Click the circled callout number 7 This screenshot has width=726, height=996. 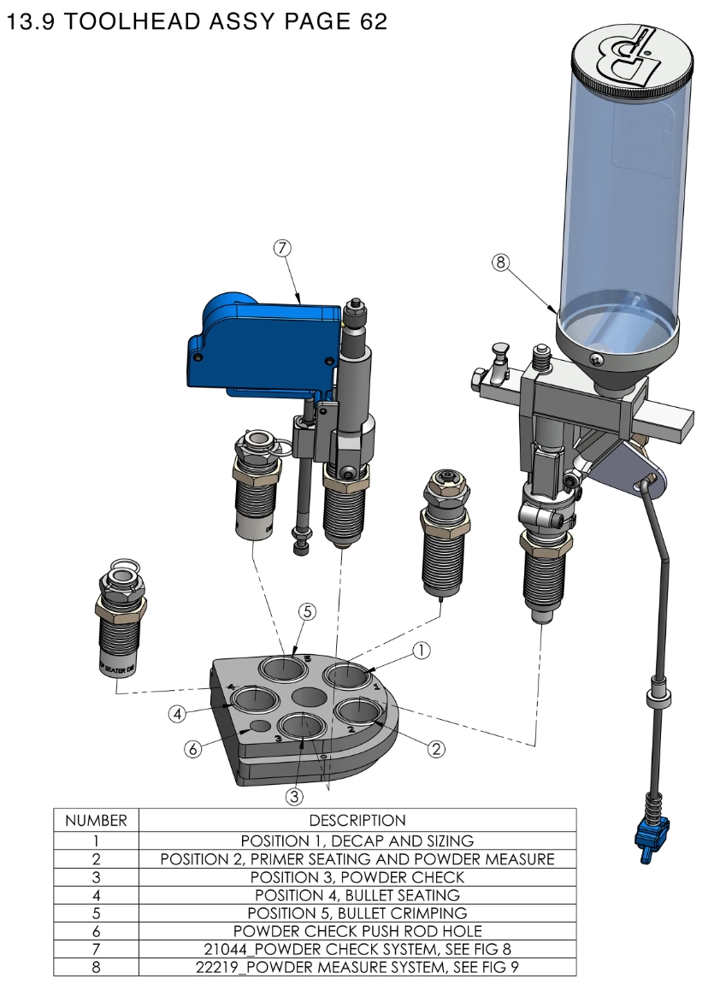pos(283,249)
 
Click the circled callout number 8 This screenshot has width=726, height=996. pos(501,262)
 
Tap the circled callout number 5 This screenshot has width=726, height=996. pos(308,611)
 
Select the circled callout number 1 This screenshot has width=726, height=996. pos(421,651)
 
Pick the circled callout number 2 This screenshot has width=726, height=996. pos(436,749)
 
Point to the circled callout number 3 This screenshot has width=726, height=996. pos(294,797)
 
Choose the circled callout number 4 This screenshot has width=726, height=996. pos(177,714)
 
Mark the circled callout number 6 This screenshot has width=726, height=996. pos(193,749)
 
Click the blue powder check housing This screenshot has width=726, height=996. pos(261,346)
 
